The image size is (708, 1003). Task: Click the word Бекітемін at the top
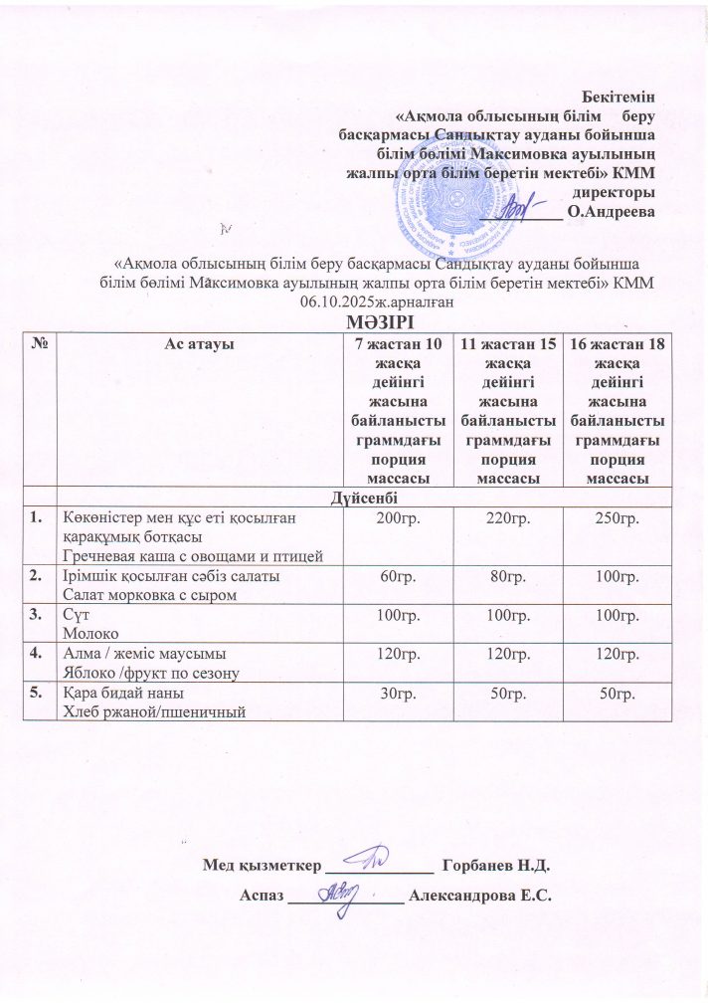pyautogui.click(x=620, y=96)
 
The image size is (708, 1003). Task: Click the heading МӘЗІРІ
pyautogui.click(x=353, y=320)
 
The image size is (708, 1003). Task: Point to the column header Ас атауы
pyautogui.click(x=198, y=343)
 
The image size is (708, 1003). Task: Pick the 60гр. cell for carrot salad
pyautogui.click(x=393, y=578)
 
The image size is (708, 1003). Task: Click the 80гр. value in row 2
pyautogui.click(x=503, y=578)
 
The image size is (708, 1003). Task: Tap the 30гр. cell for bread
pyautogui.click(x=393, y=694)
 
